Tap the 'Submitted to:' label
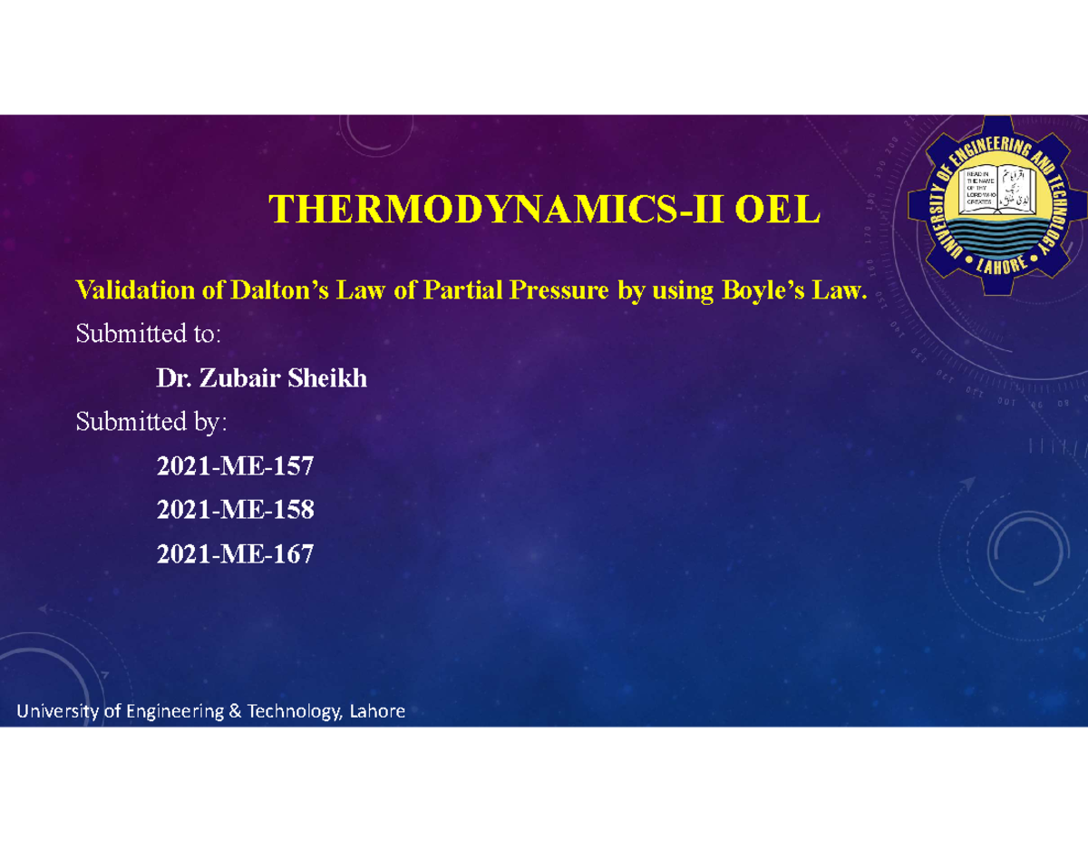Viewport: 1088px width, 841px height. click(x=148, y=334)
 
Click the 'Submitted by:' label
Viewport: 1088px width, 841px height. click(x=151, y=422)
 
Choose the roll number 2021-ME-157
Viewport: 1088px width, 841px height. click(x=235, y=467)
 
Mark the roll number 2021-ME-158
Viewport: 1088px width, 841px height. click(x=235, y=511)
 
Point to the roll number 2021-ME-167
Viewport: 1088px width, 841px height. click(x=235, y=554)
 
